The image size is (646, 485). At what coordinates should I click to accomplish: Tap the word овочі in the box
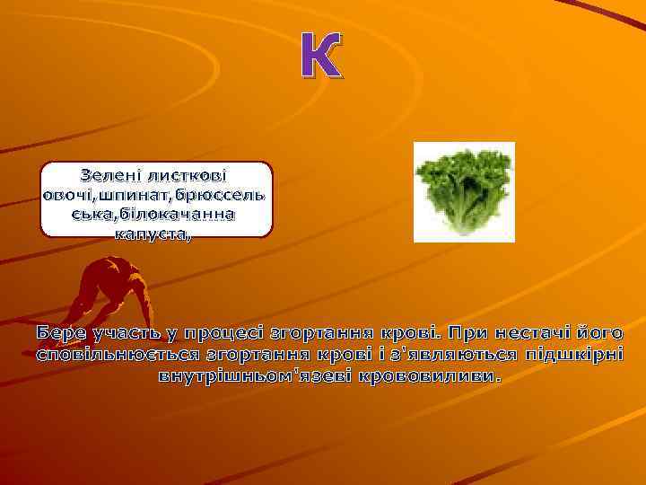(71, 194)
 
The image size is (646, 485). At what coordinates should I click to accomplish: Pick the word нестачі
(536, 333)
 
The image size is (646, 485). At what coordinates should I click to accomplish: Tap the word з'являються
(443, 354)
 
